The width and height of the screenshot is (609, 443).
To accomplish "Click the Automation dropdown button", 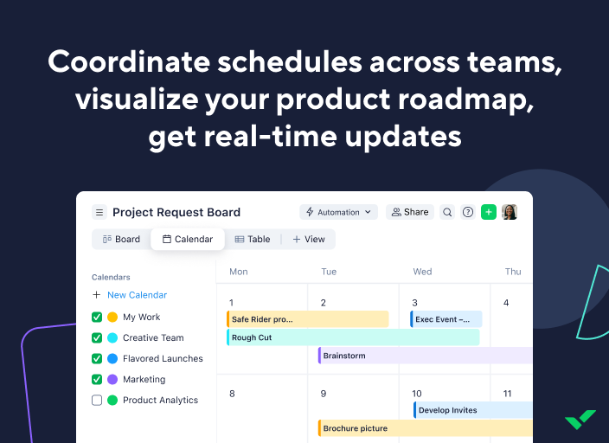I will click(x=338, y=212).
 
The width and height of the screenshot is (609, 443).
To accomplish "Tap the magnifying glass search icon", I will click(x=447, y=212).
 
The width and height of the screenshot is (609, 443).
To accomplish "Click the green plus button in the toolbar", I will click(x=489, y=212).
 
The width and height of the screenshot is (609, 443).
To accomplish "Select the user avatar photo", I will click(x=510, y=212).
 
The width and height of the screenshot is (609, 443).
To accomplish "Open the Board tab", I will click(x=121, y=240).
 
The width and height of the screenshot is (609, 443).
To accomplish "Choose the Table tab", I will click(x=253, y=240).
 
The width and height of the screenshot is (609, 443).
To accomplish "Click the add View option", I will click(x=309, y=240).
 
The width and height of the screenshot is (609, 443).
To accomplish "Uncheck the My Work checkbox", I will click(x=97, y=318).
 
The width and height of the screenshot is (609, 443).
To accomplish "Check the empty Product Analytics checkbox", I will click(x=97, y=401).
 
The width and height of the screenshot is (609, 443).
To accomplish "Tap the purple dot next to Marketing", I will click(x=112, y=380).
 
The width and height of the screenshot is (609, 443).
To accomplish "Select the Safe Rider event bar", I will click(x=307, y=319).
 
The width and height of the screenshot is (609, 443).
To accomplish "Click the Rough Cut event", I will click(x=352, y=337).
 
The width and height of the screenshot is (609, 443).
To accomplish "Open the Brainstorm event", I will click(x=424, y=356).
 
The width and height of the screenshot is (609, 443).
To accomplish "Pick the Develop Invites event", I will click(x=471, y=410).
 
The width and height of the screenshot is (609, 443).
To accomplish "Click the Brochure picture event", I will click(x=424, y=428).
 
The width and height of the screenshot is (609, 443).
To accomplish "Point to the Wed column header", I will click(x=422, y=272).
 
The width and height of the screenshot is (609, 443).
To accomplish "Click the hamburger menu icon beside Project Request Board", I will click(x=99, y=212).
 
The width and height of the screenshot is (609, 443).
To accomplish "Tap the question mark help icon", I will click(x=468, y=212).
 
